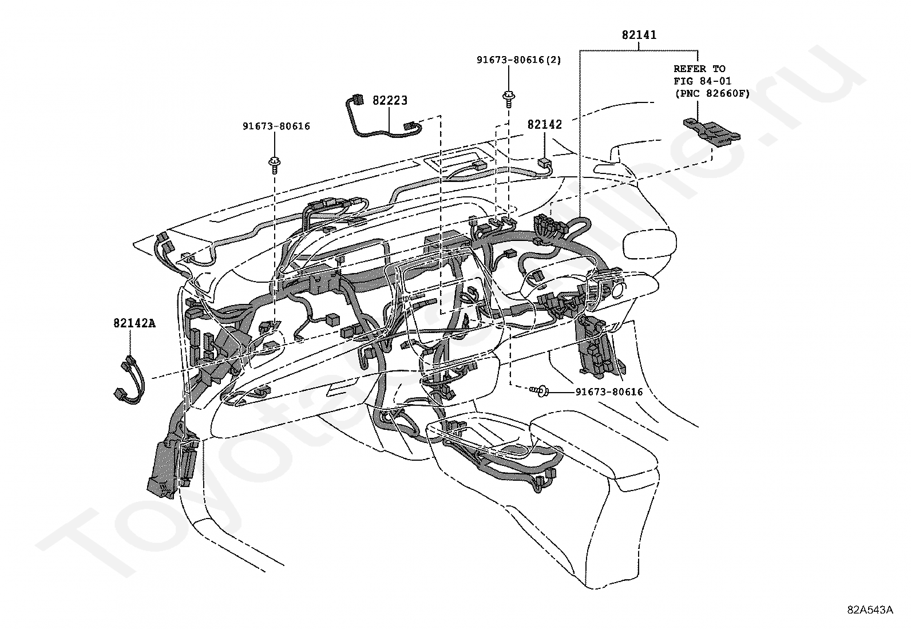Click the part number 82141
click(x=639, y=35)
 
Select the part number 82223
click(x=390, y=101)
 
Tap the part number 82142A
click(x=134, y=323)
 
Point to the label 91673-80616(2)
click(x=519, y=60)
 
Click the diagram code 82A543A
click(x=870, y=610)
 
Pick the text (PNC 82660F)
click(x=711, y=93)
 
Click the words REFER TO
click(x=699, y=69)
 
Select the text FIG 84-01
click(x=702, y=81)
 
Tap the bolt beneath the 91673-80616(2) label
click(x=508, y=98)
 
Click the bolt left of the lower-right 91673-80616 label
click(x=540, y=391)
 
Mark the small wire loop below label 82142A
click(x=130, y=380)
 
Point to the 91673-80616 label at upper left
click(x=276, y=126)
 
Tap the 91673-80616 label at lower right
click(x=609, y=392)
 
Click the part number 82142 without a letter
click(x=544, y=125)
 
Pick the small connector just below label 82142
click(x=545, y=164)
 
